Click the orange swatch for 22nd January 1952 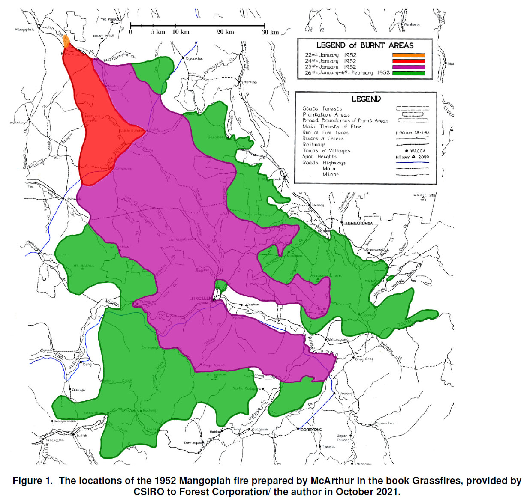(408, 55)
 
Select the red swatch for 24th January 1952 (408, 61)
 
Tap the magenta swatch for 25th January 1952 (408, 67)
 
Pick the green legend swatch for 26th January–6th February (408, 73)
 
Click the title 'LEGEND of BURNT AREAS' (364, 45)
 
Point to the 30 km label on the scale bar (270, 32)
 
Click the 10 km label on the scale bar (181, 32)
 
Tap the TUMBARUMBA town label (359, 224)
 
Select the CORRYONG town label (311, 430)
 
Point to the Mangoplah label (24, 30)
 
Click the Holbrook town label (74, 199)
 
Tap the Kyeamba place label (194, 59)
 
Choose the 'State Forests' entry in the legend (322, 109)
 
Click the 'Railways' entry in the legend (314, 145)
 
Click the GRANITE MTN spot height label (424, 196)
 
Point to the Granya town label (78, 390)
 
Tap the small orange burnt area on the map (66, 42)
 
